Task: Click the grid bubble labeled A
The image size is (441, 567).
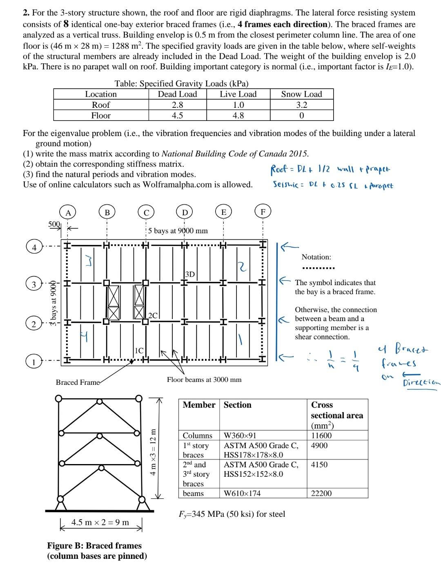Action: [68, 212]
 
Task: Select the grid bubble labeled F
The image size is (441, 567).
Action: [263, 212]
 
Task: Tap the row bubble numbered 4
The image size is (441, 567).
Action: [34, 247]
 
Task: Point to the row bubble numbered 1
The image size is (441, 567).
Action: [34, 362]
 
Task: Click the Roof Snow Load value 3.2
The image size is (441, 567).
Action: [301, 105]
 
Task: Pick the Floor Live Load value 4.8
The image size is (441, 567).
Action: [238, 115]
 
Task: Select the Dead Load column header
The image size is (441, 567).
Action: [177, 94]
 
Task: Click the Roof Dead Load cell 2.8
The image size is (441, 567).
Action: [177, 105]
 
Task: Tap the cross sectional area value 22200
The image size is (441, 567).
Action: [321, 493]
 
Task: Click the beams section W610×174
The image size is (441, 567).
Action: [242, 493]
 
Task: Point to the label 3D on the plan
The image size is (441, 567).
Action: [190, 274]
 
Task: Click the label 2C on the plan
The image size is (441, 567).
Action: [153, 315]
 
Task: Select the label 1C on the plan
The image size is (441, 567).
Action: [139, 350]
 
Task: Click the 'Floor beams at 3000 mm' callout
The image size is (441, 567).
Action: [204, 379]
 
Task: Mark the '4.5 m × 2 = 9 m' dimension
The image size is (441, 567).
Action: [100, 522]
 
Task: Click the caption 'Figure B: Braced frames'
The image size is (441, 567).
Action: [94, 546]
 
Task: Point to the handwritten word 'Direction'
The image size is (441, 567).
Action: [421, 383]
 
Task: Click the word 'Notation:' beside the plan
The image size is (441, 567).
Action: [316, 257]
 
